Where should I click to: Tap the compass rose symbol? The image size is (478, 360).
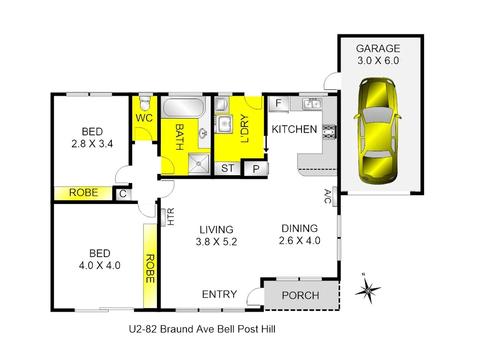tap(368, 290)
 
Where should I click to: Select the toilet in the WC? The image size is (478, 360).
tap(145, 104)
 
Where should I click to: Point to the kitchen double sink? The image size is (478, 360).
tap(313, 104)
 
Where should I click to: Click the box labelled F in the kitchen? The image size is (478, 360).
tap(279, 104)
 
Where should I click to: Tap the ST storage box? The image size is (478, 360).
tap(227, 168)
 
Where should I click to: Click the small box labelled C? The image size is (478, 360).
tap(123, 194)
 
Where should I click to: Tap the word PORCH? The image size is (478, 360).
tap(300, 296)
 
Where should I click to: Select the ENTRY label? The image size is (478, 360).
tap(219, 294)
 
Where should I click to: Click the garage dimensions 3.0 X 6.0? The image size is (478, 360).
tap(378, 61)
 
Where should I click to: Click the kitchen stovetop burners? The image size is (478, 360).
tap(329, 132)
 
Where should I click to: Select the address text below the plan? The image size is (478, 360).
tap(202, 330)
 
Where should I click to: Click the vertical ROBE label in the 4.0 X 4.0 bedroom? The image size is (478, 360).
tap(150, 268)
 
